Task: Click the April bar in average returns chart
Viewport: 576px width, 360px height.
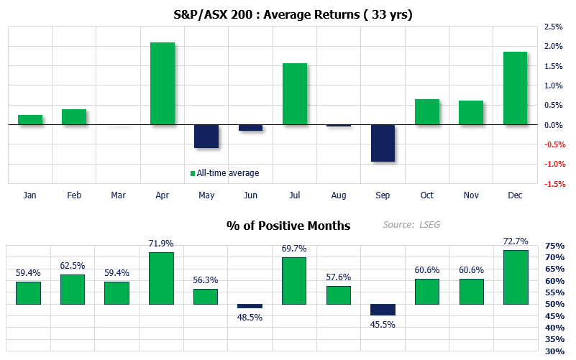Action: click(x=163, y=83)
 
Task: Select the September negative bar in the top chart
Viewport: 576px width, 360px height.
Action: click(x=383, y=143)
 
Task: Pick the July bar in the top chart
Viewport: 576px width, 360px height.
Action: click(x=295, y=94)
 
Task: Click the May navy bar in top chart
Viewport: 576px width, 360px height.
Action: click(x=206, y=136)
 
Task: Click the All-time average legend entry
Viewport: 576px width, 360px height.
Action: click(x=224, y=172)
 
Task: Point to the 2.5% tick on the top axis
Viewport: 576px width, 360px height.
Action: click(x=554, y=27)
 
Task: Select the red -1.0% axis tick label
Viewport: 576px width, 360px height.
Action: click(x=554, y=164)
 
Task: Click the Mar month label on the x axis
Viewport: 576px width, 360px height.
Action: click(x=118, y=195)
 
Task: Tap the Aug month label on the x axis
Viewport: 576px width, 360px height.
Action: click(x=339, y=195)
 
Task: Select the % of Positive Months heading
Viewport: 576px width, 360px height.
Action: click(x=288, y=226)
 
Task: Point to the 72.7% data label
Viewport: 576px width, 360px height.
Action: click(x=516, y=242)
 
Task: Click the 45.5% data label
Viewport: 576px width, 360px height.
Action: click(x=383, y=323)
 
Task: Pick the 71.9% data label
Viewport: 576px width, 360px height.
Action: click(x=163, y=244)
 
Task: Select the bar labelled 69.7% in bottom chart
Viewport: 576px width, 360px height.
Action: click(x=295, y=280)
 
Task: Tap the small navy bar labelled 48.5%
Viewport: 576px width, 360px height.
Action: click(x=251, y=306)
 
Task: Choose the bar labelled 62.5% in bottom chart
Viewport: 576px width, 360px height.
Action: click(x=74, y=289)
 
